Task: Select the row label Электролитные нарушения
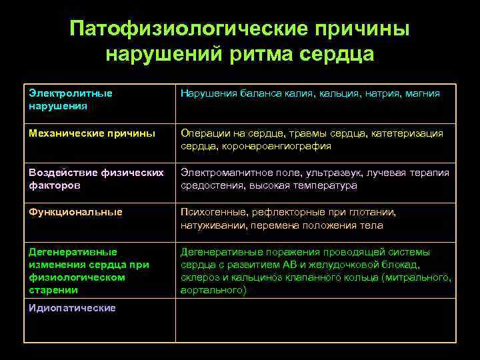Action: pos(71,99)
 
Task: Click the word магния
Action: pos(421,93)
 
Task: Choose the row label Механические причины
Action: pos(92,133)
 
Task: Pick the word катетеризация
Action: pos(405,133)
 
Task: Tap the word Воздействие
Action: pos(63,173)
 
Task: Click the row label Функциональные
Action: pos(75,212)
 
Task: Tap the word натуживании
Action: pos(211,225)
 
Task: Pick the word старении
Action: pos(53,290)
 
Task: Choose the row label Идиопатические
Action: pos(72,308)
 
